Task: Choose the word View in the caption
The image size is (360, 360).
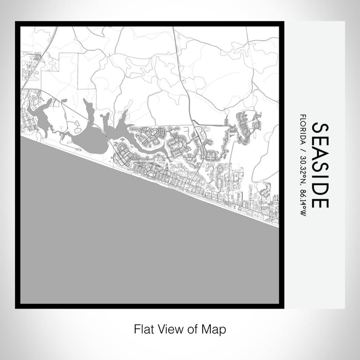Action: [x=167, y=328]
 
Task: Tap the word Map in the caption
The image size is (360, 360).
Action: [x=216, y=328]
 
